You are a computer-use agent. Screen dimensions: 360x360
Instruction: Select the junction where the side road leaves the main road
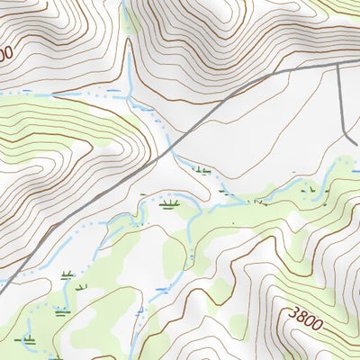[339, 67]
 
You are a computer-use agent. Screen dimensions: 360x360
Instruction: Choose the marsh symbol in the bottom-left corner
[30, 341]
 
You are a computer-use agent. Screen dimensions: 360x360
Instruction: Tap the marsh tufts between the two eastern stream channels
[310, 190]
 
